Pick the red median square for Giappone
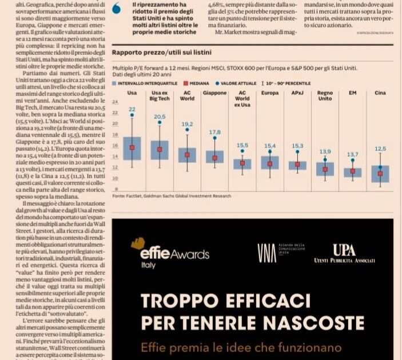pos(215,158)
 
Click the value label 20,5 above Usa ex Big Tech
pos(160,117)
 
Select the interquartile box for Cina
pos(380,174)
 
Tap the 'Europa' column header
pos(270,93)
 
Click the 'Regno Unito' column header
pos(325,95)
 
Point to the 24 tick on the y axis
pos(115,102)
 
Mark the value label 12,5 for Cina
pos(380,149)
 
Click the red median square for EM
pos(353,171)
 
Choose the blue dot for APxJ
pos(297,152)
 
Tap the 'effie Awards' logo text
pos(166,253)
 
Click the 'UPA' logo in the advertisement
pos(344,250)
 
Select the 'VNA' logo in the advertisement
pos(266,252)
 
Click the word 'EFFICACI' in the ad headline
pos(257,301)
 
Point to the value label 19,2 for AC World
pos(187,124)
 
